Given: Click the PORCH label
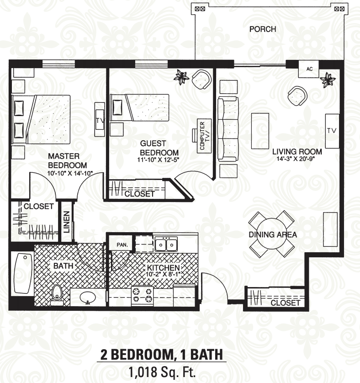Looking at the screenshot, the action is [x=263, y=29].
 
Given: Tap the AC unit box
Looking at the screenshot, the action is [x=309, y=69].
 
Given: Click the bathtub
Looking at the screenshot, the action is [x=24, y=273].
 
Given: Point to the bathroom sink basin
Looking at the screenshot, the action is [x=88, y=297].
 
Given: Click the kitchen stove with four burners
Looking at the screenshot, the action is [x=142, y=296].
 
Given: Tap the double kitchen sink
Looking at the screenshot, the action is [x=166, y=244].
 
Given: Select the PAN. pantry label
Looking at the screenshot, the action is [x=122, y=245].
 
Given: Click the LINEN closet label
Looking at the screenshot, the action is [x=67, y=222].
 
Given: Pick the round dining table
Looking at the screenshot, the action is [x=272, y=234].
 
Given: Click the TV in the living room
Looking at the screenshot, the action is [x=332, y=131].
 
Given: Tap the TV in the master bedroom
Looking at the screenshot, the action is [x=100, y=120].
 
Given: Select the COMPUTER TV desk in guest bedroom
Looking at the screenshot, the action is [x=204, y=136].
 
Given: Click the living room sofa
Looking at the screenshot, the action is [x=228, y=129].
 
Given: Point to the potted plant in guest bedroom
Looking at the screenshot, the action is [x=181, y=77].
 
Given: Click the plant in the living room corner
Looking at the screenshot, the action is [x=328, y=80].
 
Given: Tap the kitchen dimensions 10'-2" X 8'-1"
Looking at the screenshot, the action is [x=163, y=274].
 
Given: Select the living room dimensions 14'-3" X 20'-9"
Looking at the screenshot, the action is [x=295, y=159].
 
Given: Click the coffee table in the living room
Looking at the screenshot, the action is [x=260, y=131].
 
